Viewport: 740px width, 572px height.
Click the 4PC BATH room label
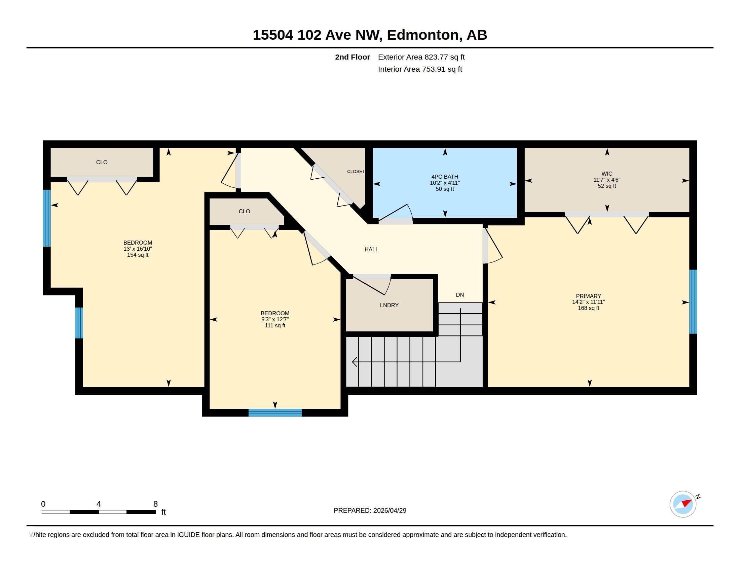[445, 177]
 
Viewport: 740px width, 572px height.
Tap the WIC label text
[607, 174]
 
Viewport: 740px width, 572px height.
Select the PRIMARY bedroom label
[589, 296]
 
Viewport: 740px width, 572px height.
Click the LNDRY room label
[389, 305]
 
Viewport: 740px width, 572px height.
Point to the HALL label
[371, 249]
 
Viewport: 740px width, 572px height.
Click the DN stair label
[460, 295]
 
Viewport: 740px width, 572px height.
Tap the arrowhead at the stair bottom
[355, 362]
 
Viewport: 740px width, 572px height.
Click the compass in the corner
[683, 504]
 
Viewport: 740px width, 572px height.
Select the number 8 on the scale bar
[155, 504]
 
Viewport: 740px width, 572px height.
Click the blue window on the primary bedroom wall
[693, 301]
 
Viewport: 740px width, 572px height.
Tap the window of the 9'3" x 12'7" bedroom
[275, 413]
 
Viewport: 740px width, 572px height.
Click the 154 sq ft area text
[138, 255]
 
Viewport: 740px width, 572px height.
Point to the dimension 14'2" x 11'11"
[589, 302]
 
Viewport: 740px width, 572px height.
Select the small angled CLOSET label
[356, 172]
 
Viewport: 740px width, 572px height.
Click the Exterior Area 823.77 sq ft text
[421, 57]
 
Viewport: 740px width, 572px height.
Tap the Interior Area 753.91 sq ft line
[420, 69]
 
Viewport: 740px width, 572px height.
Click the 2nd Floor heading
[353, 57]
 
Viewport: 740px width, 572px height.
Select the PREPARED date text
[370, 510]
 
